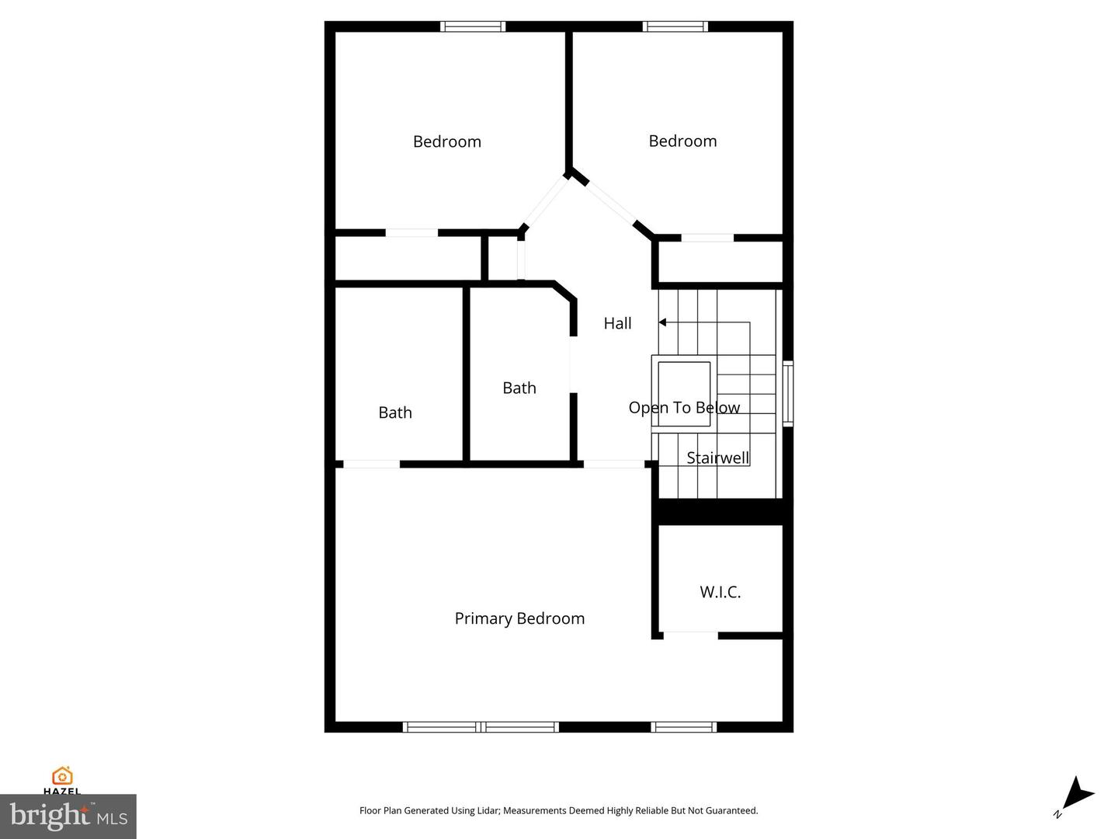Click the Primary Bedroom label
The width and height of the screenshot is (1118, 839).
click(519, 618)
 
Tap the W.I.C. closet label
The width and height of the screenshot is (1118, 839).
click(720, 592)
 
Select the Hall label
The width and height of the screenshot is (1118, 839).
click(617, 323)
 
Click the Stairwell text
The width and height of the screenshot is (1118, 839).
click(718, 458)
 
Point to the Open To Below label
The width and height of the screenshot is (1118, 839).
click(684, 408)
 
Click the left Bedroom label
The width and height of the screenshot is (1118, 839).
click(446, 141)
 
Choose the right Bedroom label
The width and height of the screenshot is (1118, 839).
click(682, 141)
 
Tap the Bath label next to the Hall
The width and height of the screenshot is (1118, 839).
click(519, 388)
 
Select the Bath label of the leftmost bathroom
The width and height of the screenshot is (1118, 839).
click(394, 413)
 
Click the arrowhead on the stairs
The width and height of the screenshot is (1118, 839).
click(662, 322)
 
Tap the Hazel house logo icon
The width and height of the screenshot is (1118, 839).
click(62, 775)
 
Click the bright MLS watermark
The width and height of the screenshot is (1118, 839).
click(68, 816)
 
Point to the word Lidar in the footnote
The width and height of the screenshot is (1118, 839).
click(487, 810)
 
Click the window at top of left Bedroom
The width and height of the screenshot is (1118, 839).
click(473, 26)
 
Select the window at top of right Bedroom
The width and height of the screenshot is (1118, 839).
click(675, 26)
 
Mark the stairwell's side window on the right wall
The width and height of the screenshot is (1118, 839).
click(787, 393)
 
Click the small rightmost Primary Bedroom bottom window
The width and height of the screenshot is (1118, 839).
click(682, 727)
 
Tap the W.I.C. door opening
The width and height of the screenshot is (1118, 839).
click(690, 635)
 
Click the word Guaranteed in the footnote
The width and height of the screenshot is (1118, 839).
click(731, 810)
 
